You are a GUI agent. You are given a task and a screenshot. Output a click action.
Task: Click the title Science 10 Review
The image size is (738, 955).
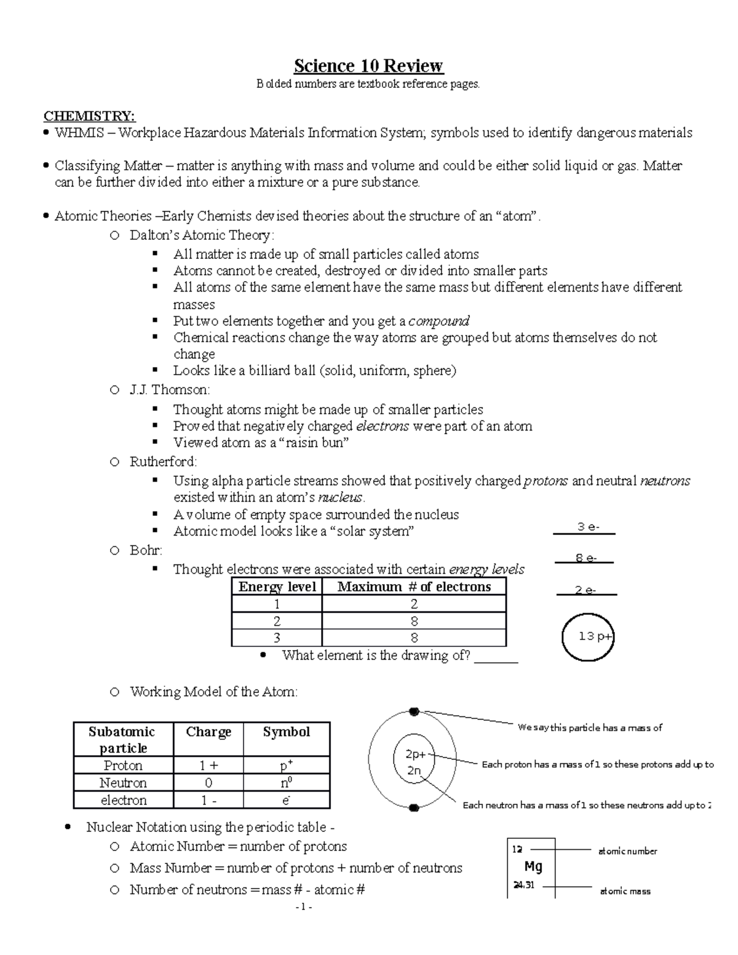pos(368,66)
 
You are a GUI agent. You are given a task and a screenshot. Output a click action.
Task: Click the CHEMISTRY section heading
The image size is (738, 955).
pos(89,116)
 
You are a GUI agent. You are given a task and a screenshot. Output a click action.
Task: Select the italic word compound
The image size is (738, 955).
pos(438,321)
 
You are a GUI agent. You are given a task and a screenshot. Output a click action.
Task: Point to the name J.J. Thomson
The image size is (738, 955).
pos(169,390)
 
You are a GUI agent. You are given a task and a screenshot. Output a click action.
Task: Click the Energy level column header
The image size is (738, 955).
pos(277,587)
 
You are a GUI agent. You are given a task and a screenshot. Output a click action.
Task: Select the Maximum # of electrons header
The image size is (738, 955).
pos(414,587)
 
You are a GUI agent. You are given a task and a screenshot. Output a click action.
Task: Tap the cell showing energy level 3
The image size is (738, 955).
pos(277,638)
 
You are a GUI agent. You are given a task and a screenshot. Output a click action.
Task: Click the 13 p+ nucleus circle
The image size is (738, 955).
pos(588,637)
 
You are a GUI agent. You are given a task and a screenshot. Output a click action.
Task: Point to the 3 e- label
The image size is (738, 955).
pos(587,527)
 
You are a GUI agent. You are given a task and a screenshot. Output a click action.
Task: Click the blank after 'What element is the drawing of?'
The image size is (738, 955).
pos(497,657)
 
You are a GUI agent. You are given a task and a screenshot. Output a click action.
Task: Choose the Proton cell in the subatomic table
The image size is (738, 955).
pos(123,766)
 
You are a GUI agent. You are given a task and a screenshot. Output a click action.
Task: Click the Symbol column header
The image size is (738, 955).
pos(287,732)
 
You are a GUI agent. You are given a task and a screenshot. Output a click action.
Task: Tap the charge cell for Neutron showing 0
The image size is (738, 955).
pos(208,783)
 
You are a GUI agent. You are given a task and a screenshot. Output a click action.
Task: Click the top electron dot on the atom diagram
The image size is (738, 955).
pos(414,711)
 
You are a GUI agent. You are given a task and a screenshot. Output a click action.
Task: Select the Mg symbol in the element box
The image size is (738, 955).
pos(533,867)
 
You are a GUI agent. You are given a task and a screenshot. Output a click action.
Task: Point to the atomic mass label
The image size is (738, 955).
pos(625,891)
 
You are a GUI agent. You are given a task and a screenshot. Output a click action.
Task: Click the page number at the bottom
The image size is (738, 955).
pos(304,907)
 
